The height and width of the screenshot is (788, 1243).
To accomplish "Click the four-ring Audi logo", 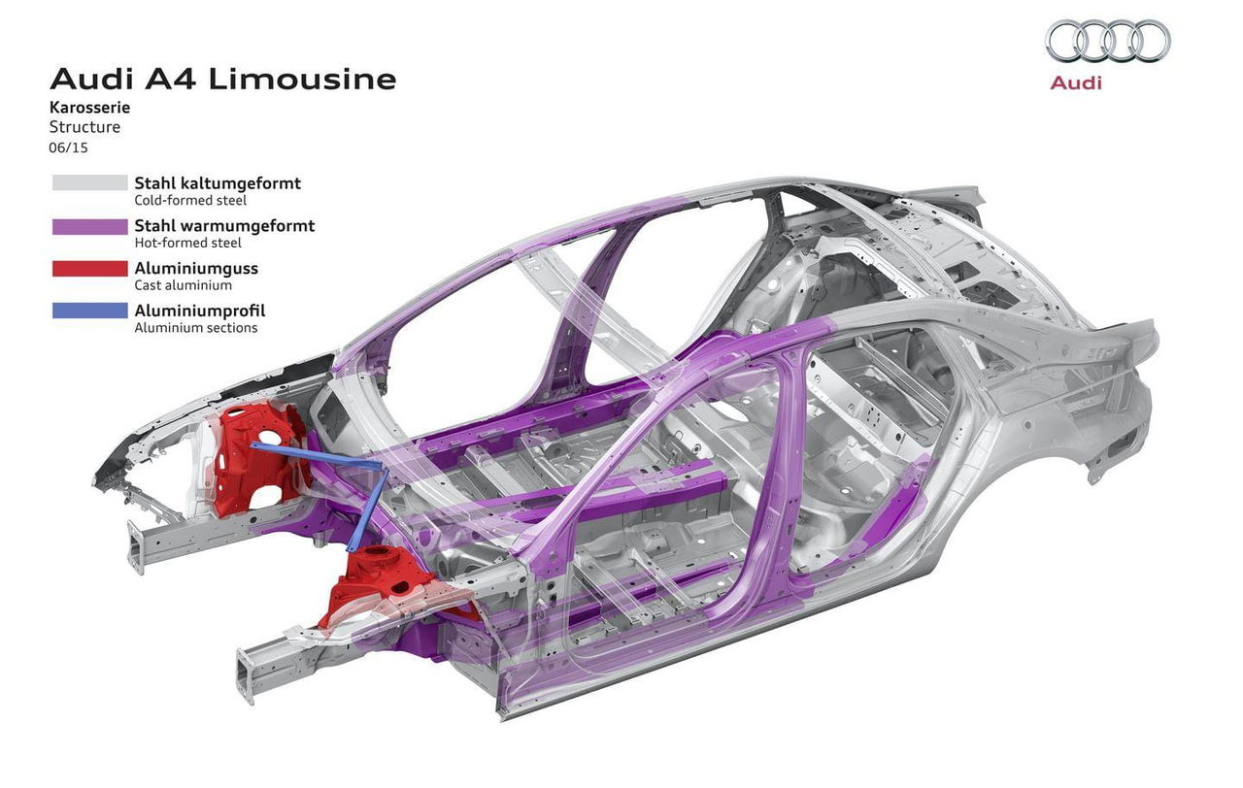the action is (x=1108, y=40).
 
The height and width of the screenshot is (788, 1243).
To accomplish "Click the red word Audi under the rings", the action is (x=1076, y=83).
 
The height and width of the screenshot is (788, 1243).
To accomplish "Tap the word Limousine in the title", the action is (x=302, y=80).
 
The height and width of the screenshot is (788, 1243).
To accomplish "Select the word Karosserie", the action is (x=90, y=107).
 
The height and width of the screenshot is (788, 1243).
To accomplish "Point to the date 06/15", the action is (x=68, y=148).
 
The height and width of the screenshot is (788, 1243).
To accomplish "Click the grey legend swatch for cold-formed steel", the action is (x=90, y=183).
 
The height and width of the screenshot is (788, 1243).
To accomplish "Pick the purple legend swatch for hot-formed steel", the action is (x=90, y=226).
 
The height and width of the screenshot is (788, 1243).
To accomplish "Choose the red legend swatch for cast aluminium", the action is (x=90, y=269).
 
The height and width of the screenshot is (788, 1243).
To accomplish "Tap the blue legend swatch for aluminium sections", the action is (x=90, y=311).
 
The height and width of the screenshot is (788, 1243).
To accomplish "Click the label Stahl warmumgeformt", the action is (x=224, y=226).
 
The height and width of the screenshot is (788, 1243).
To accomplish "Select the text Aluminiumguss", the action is (x=196, y=269).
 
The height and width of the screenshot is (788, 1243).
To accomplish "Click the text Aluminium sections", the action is (x=196, y=328).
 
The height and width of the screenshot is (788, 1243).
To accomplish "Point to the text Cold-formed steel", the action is (x=190, y=200).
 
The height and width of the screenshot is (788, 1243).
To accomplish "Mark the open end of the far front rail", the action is (x=135, y=546).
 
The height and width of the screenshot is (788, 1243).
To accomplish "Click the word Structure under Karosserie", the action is (x=84, y=127).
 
